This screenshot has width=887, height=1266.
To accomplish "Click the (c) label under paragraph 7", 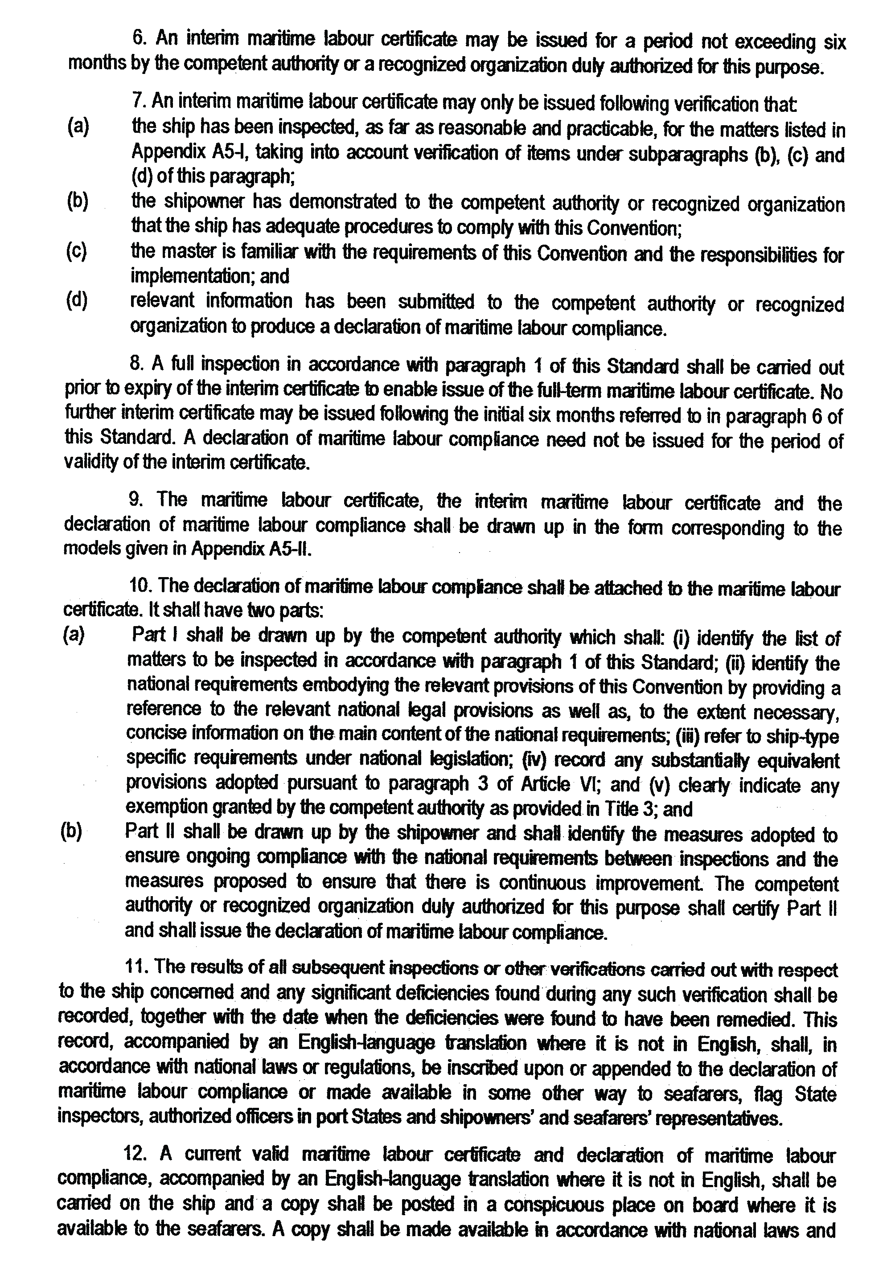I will click(x=76, y=251).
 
